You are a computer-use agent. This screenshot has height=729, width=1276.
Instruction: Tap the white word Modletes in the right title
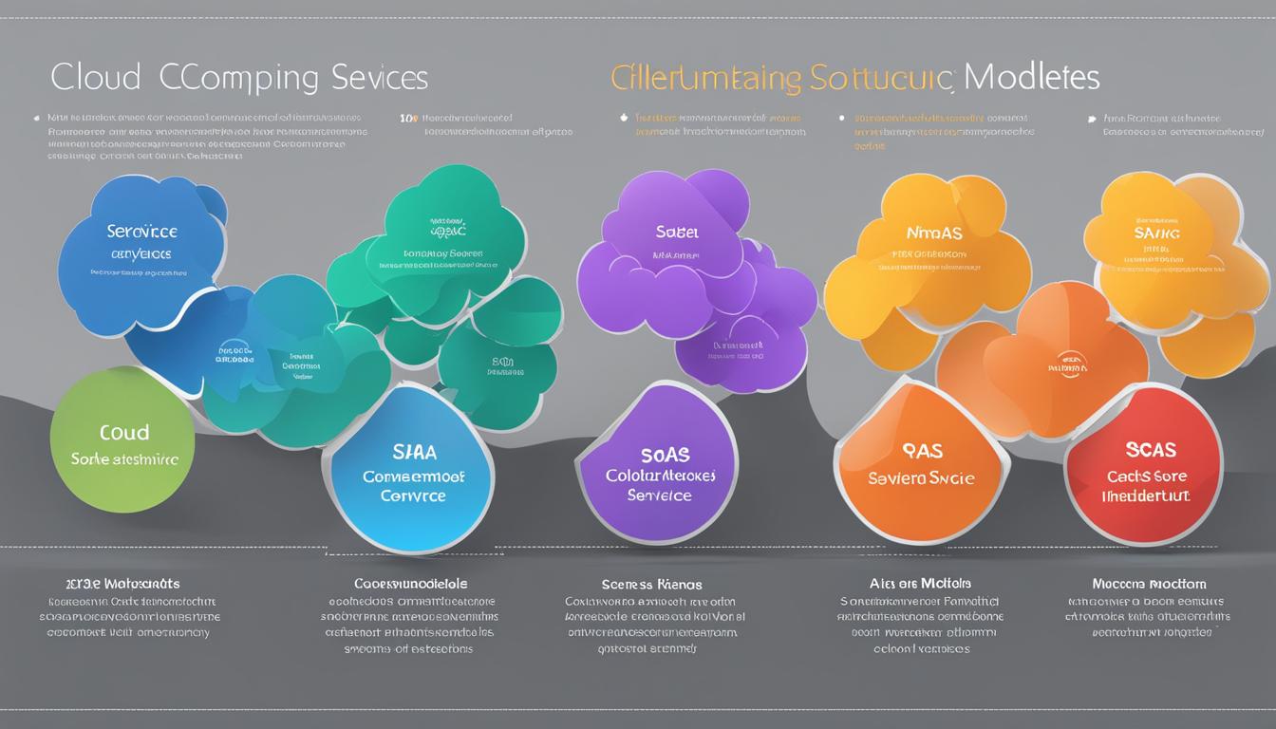tap(1033, 76)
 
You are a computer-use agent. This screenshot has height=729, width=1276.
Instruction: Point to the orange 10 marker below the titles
tap(408, 120)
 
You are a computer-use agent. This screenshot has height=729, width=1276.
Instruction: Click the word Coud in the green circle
tap(124, 433)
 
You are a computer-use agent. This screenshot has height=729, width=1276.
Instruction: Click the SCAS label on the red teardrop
tap(1150, 450)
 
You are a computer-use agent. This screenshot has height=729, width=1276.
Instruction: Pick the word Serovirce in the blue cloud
tap(142, 231)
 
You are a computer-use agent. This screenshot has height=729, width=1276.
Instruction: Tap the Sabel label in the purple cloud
tap(677, 231)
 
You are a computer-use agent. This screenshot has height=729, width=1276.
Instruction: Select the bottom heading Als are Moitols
tap(920, 583)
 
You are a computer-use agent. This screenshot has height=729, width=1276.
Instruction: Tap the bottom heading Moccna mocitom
tap(1149, 584)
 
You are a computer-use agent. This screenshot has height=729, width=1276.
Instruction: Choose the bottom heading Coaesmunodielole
tap(411, 583)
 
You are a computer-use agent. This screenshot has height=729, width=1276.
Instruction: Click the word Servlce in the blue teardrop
tap(412, 495)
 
